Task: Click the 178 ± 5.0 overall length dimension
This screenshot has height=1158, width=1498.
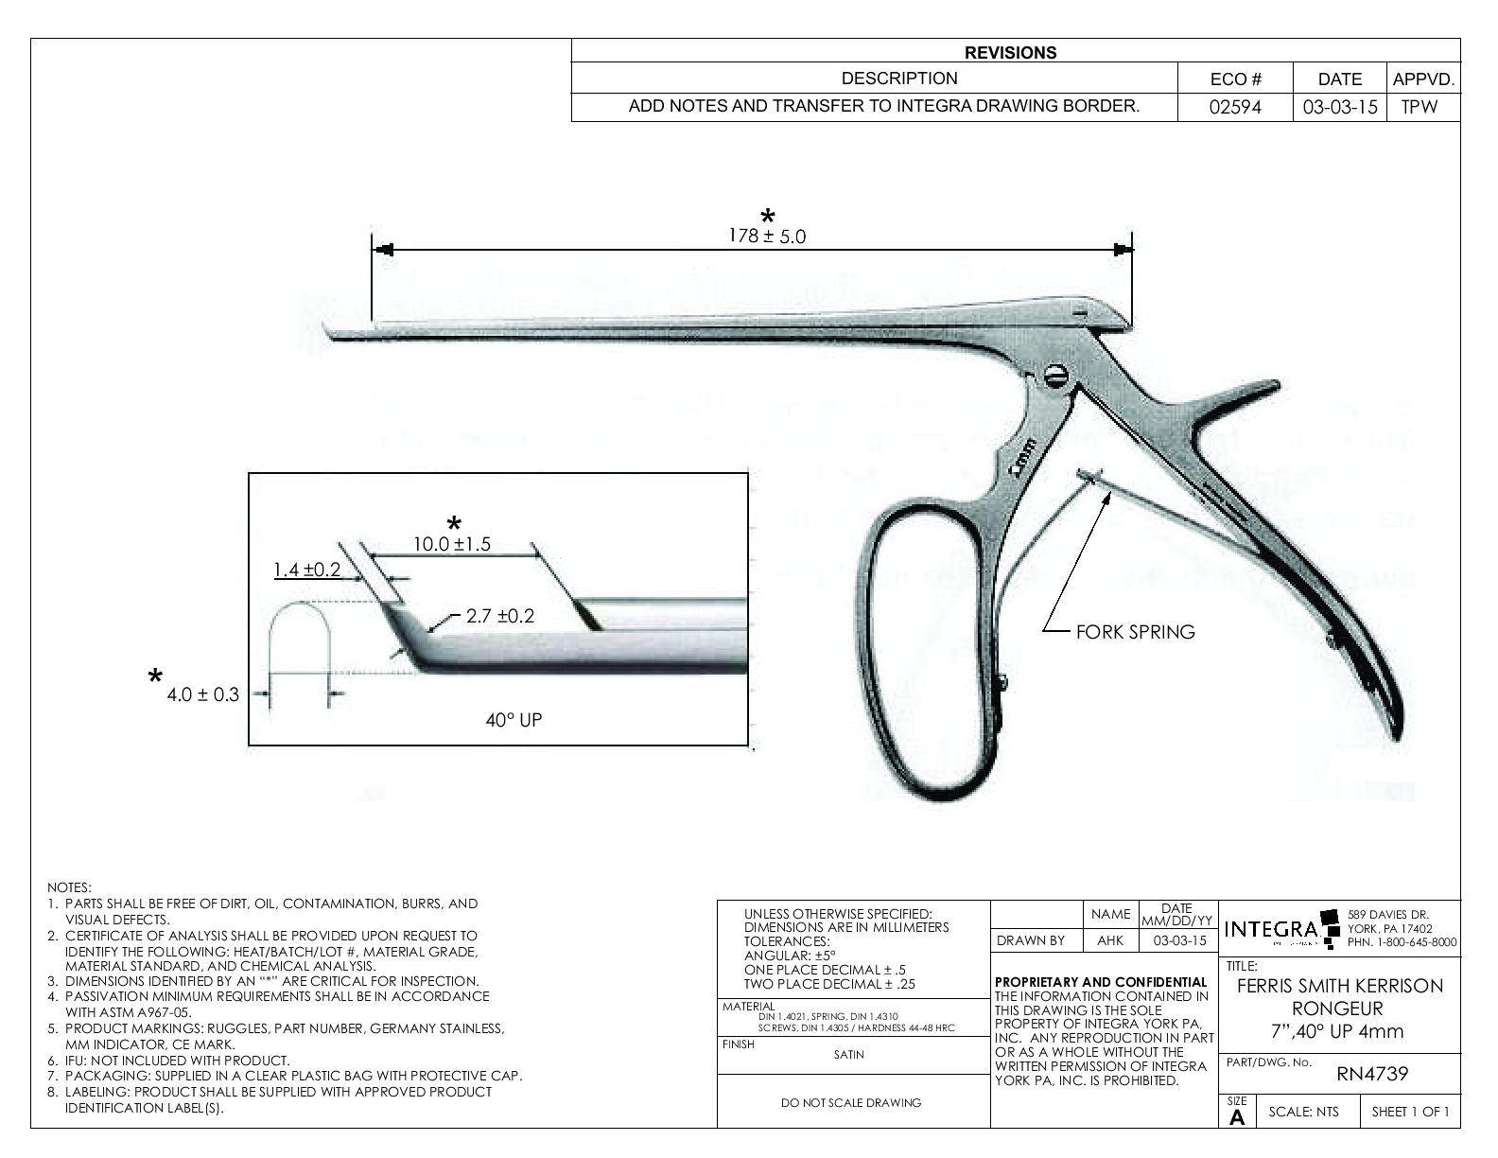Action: (x=767, y=236)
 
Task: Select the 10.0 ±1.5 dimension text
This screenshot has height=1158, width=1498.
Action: (x=452, y=544)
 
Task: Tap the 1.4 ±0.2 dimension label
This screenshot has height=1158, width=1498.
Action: (x=306, y=570)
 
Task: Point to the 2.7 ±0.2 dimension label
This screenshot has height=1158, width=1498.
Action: (x=499, y=616)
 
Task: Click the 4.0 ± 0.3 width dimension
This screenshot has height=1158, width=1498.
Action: (x=202, y=694)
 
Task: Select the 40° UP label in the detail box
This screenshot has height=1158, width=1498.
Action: (x=514, y=720)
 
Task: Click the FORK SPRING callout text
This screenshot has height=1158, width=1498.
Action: (x=1135, y=632)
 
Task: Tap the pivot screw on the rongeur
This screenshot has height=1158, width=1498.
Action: (x=1056, y=377)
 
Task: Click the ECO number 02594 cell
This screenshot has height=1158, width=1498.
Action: (x=1235, y=107)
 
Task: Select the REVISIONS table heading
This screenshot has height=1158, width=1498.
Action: (x=1010, y=53)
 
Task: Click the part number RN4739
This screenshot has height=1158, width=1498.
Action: (x=1372, y=1074)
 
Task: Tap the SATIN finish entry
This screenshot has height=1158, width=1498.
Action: (x=848, y=1054)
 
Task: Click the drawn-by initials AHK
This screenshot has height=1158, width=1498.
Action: (x=1110, y=940)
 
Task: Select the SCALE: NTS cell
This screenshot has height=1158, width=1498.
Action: (x=1303, y=1112)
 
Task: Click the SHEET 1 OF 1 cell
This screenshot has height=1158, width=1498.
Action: (x=1410, y=1112)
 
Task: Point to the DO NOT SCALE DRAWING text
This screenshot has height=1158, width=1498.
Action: (x=851, y=1102)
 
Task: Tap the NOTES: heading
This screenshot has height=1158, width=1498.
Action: (x=69, y=887)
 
